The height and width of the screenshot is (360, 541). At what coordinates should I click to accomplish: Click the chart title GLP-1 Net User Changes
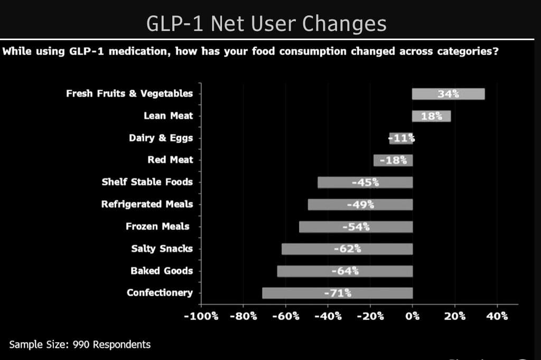[266, 24]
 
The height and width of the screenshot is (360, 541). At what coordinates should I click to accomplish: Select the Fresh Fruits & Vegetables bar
[448, 94]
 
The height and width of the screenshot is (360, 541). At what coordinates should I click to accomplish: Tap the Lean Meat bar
[431, 116]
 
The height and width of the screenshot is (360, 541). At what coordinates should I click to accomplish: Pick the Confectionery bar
[337, 293]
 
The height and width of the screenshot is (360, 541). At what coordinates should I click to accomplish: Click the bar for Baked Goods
[344, 271]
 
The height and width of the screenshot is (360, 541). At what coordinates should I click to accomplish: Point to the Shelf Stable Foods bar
[365, 182]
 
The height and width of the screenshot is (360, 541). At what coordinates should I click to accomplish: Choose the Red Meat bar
[393, 160]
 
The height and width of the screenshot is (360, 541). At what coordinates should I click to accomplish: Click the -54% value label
[356, 227]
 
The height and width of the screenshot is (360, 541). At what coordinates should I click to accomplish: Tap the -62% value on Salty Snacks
[347, 249]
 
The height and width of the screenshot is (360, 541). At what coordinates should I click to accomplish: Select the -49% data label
[360, 204]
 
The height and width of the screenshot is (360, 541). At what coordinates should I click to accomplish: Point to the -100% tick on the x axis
[201, 316]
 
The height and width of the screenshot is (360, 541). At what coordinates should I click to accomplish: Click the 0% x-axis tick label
[413, 316]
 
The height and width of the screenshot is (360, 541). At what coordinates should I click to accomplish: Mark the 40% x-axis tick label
[497, 316]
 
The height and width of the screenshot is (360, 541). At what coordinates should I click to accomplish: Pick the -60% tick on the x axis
[286, 316]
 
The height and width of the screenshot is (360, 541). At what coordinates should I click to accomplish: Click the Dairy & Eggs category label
[161, 138]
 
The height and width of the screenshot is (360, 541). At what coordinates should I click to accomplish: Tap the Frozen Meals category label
[157, 226]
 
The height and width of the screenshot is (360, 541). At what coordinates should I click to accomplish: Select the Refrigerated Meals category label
[147, 204]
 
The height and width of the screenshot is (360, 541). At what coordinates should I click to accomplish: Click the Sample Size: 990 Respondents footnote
[80, 345]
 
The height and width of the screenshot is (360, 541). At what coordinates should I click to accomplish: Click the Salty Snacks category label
[162, 249]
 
